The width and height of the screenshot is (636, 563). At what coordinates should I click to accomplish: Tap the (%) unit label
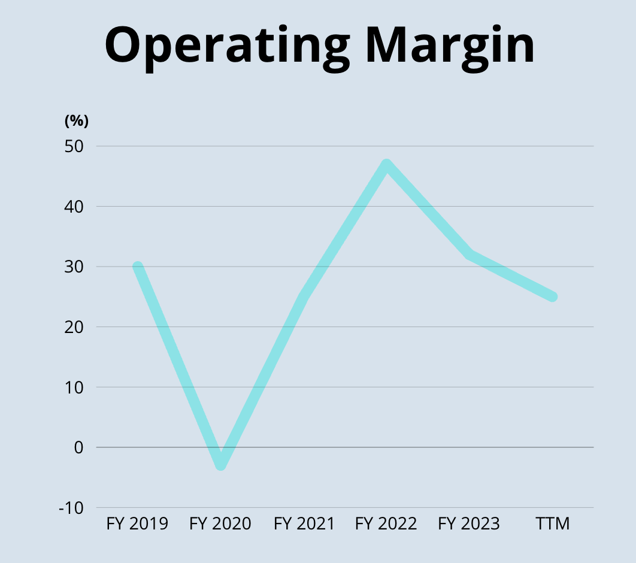point(76,121)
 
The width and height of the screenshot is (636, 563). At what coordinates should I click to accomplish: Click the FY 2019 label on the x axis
point(137,524)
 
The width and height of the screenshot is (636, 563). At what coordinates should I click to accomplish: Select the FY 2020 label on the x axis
point(220,524)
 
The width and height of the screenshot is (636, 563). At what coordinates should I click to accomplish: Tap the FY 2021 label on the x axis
point(304,524)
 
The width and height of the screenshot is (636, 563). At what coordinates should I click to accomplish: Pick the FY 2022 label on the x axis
point(386,524)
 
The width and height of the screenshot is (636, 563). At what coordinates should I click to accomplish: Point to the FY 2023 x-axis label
point(469,524)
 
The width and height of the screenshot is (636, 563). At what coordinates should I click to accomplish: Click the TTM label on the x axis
point(552,524)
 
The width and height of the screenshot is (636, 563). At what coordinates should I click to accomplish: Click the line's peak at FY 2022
point(387,165)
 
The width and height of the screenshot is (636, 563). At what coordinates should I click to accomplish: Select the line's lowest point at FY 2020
point(221,464)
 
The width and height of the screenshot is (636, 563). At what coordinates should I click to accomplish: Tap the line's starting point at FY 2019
point(138,267)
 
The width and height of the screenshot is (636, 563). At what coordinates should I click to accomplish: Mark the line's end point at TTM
point(553,296)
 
